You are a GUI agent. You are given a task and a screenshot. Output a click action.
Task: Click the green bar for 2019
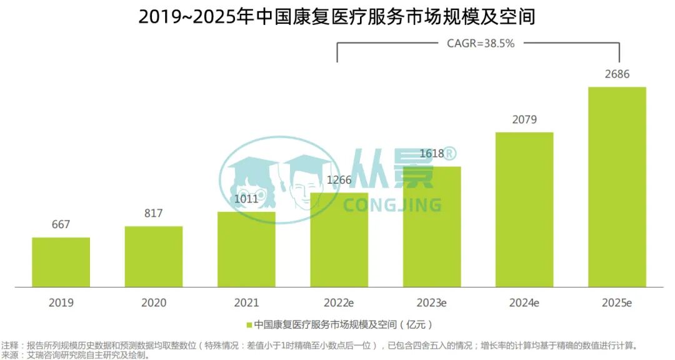(61, 262)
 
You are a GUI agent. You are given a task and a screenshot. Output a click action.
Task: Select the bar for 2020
(154, 256)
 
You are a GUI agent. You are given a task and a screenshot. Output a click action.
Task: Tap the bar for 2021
(246, 249)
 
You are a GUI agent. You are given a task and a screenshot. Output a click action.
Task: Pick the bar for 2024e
(524, 209)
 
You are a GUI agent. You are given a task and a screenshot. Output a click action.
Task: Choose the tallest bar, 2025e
(617, 187)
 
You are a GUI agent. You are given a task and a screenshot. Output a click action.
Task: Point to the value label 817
(154, 214)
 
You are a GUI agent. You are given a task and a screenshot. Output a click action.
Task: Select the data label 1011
(246, 199)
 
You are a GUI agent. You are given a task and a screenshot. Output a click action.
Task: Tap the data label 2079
(524, 120)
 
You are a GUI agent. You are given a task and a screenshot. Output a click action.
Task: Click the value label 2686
(617, 74)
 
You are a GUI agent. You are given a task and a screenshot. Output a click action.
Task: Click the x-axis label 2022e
(339, 303)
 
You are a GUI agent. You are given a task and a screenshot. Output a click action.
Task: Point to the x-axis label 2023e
(432, 303)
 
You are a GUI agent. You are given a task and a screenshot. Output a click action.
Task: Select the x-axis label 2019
(61, 303)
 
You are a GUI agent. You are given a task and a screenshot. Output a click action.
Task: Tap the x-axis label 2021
(246, 303)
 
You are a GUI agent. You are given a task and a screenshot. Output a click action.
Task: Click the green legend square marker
(249, 325)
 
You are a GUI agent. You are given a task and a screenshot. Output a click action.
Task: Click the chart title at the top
(337, 17)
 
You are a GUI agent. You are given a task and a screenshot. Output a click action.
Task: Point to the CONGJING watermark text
(392, 205)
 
